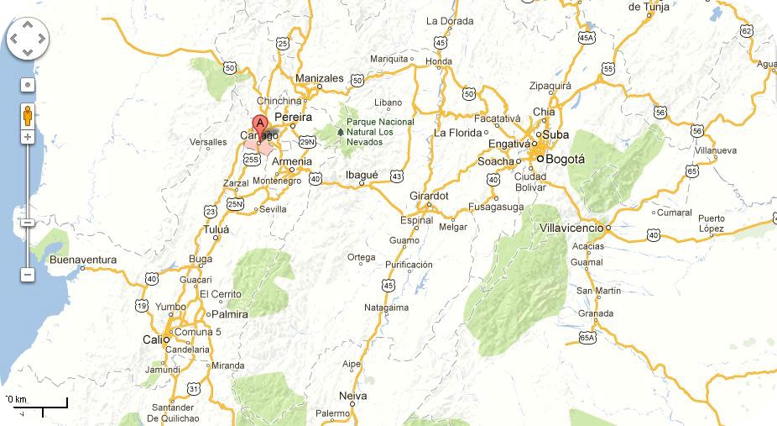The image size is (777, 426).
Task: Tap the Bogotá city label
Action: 566,159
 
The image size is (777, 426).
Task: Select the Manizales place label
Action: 320,78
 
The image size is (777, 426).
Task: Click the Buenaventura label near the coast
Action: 83,260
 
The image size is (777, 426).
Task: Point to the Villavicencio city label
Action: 571,228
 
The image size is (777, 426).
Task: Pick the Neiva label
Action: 352,395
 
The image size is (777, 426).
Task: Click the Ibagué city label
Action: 362,175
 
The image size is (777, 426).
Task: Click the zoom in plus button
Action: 28,136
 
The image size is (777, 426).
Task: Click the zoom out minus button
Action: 28,275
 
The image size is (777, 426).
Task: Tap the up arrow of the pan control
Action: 28,24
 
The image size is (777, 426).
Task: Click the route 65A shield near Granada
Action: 587,338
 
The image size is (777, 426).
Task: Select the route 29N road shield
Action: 307,142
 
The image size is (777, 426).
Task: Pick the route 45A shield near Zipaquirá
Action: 587,38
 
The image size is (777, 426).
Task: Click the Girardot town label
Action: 429,196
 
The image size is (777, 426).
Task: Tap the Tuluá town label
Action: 216,229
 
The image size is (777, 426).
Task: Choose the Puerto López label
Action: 712,224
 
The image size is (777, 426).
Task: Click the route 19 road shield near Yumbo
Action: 142,305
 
